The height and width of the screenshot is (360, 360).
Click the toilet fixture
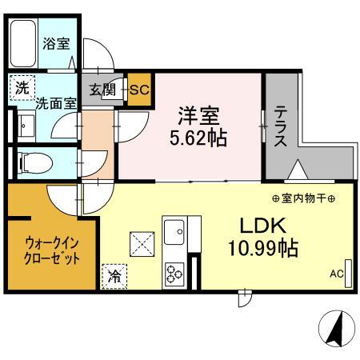(x=34, y=162)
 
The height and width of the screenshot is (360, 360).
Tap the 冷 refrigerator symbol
(x=114, y=277)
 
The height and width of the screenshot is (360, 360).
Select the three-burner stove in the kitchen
(x=173, y=272)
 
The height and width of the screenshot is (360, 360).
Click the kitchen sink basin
(x=173, y=231)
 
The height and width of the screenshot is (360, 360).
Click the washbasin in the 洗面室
(x=25, y=125)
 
